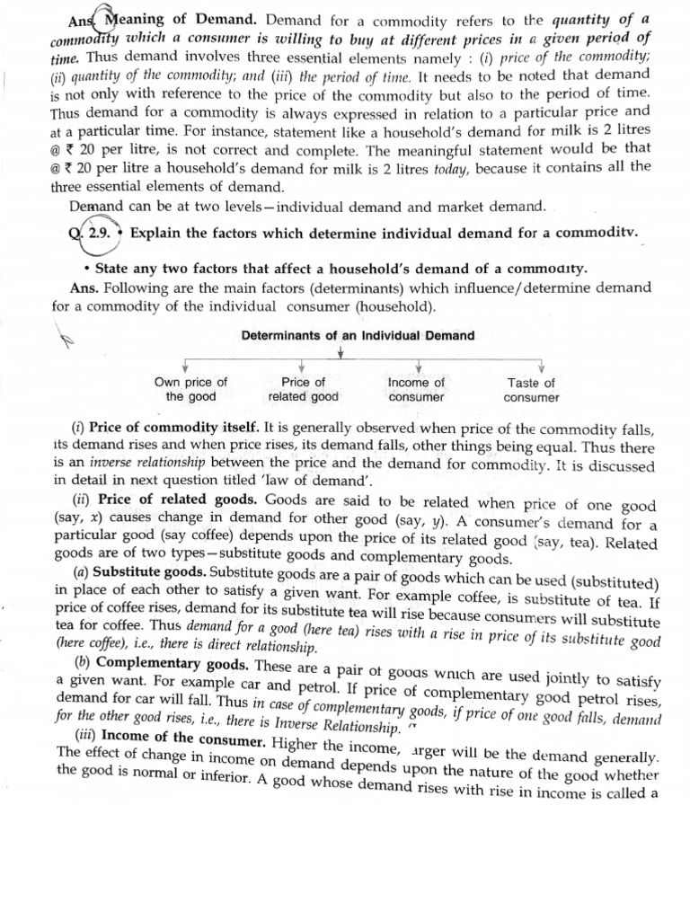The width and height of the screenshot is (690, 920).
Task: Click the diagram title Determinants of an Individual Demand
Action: tap(358, 335)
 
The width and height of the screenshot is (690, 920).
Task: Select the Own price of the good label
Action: tap(190, 389)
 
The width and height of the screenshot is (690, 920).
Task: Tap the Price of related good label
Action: tap(303, 389)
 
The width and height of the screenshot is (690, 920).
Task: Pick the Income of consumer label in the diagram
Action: tap(416, 389)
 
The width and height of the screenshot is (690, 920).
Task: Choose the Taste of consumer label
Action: tap(531, 389)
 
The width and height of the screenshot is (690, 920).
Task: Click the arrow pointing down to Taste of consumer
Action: tap(541, 367)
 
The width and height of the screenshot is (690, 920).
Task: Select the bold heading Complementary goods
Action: tap(173, 663)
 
